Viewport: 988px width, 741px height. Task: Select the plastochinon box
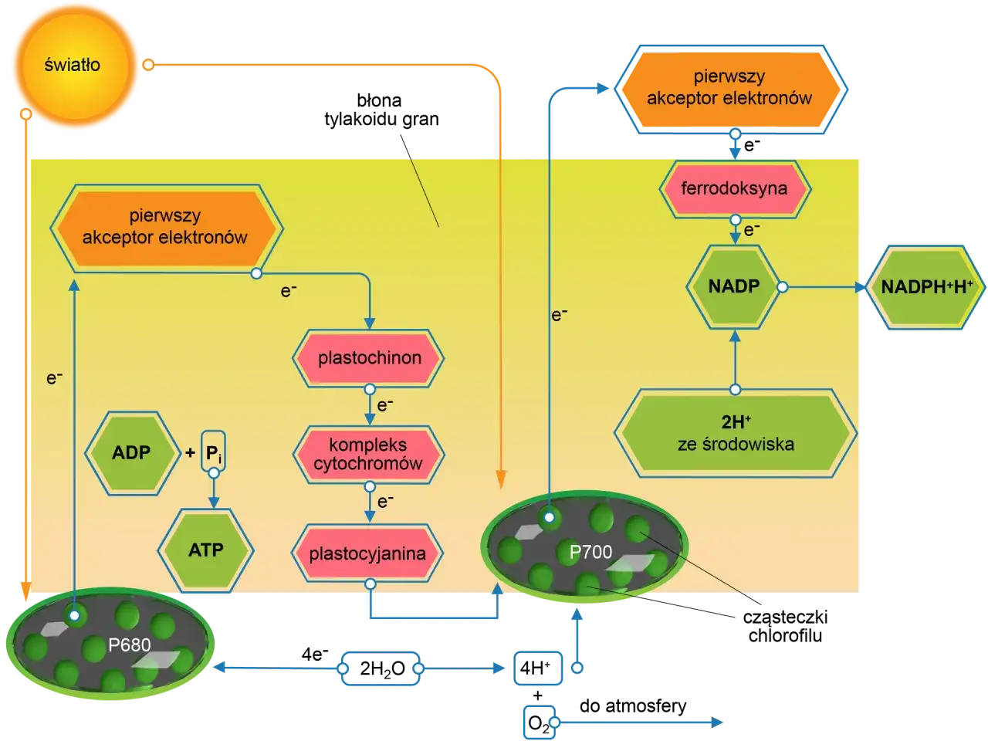pyautogui.click(x=369, y=358)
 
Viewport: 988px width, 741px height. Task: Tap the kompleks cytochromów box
pyautogui.click(x=369, y=455)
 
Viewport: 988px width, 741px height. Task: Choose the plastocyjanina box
pyautogui.click(x=367, y=553)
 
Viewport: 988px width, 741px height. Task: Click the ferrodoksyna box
pyautogui.click(x=735, y=189)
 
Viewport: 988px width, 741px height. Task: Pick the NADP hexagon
pyautogui.click(x=734, y=286)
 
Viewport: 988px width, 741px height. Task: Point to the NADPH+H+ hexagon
pyautogui.click(x=926, y=287)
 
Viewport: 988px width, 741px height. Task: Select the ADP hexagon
pyautogui.click(x=132, y=452)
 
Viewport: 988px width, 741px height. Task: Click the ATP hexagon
pyautogui.click(x=206, y=550)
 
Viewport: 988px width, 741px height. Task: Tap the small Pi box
pyautogui.click(x=213, y=452)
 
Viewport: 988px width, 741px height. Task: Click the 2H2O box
pyautogui.click(x=381, y=668)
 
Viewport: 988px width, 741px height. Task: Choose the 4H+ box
pyautogui.click(x=538, y=668)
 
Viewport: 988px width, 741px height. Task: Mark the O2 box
pyautogui.click(x=539, y=722)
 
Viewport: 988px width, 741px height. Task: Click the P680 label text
pyautogui.click(x=130, y=645)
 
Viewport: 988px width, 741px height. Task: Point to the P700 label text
pyautogui.click(x=590, y=552)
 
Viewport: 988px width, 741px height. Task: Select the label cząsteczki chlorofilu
pyautogui.click(x=785, y=626)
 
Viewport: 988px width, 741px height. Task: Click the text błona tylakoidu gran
pyautogui.click(x=381, y=110)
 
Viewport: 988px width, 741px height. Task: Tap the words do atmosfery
pyautogui.click(x=633, y=706)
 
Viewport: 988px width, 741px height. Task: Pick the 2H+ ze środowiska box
pyautogui.click(x=736, y=433)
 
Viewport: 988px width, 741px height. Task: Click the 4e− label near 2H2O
pyautogui.click(x=315, y=655)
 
